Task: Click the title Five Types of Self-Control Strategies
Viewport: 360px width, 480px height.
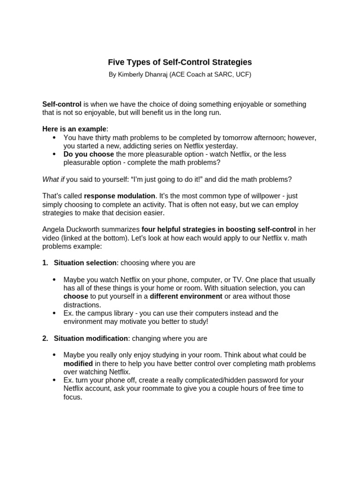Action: tap(180, 62)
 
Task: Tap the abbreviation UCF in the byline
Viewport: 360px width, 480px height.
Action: tap(242, 75)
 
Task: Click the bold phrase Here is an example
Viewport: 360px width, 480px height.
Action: tap(75, 129)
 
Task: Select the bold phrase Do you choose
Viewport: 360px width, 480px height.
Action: tap(89, 154)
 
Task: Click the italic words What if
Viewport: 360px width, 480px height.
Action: tap(53, 179)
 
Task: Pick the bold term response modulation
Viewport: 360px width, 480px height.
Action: tap(120, 196)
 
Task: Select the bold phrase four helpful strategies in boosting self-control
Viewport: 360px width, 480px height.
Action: tap(218, 230)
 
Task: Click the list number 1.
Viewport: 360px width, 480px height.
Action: tap(45, 263)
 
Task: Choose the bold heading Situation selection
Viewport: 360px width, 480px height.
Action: tap(85, 263)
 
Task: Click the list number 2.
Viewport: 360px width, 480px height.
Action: tap(45, 338)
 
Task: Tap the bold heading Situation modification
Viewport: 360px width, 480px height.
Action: tap(91, 338)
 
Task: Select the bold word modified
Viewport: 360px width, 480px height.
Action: tap(78, 363)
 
